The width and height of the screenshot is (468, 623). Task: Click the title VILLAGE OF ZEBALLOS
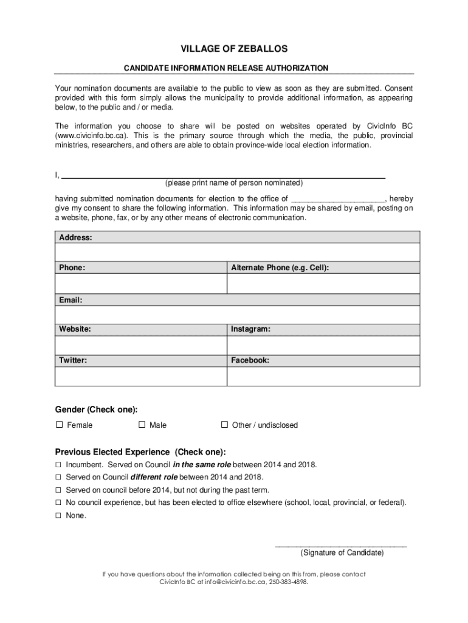tap(234, 49)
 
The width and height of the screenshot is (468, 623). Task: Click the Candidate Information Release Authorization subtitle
tap(234, 68)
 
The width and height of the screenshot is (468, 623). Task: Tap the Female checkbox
tap(59, 425)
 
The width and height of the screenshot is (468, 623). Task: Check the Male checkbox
tap(142, 425)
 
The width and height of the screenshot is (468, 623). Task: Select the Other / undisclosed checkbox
tap(224, 425)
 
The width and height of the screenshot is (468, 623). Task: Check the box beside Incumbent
tap(59, 465)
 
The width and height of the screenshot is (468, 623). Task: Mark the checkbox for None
tap(59, 515)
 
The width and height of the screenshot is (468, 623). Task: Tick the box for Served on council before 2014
tap(59, 490)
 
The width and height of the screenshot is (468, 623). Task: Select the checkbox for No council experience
tap(59, 503)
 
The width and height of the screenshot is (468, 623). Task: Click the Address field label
tap(75, 237)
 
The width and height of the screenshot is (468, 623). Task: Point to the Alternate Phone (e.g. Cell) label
tap(280, 268)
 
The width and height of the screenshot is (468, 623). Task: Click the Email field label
tap(71, 300)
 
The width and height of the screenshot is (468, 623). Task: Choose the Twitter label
tap(73, 360)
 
